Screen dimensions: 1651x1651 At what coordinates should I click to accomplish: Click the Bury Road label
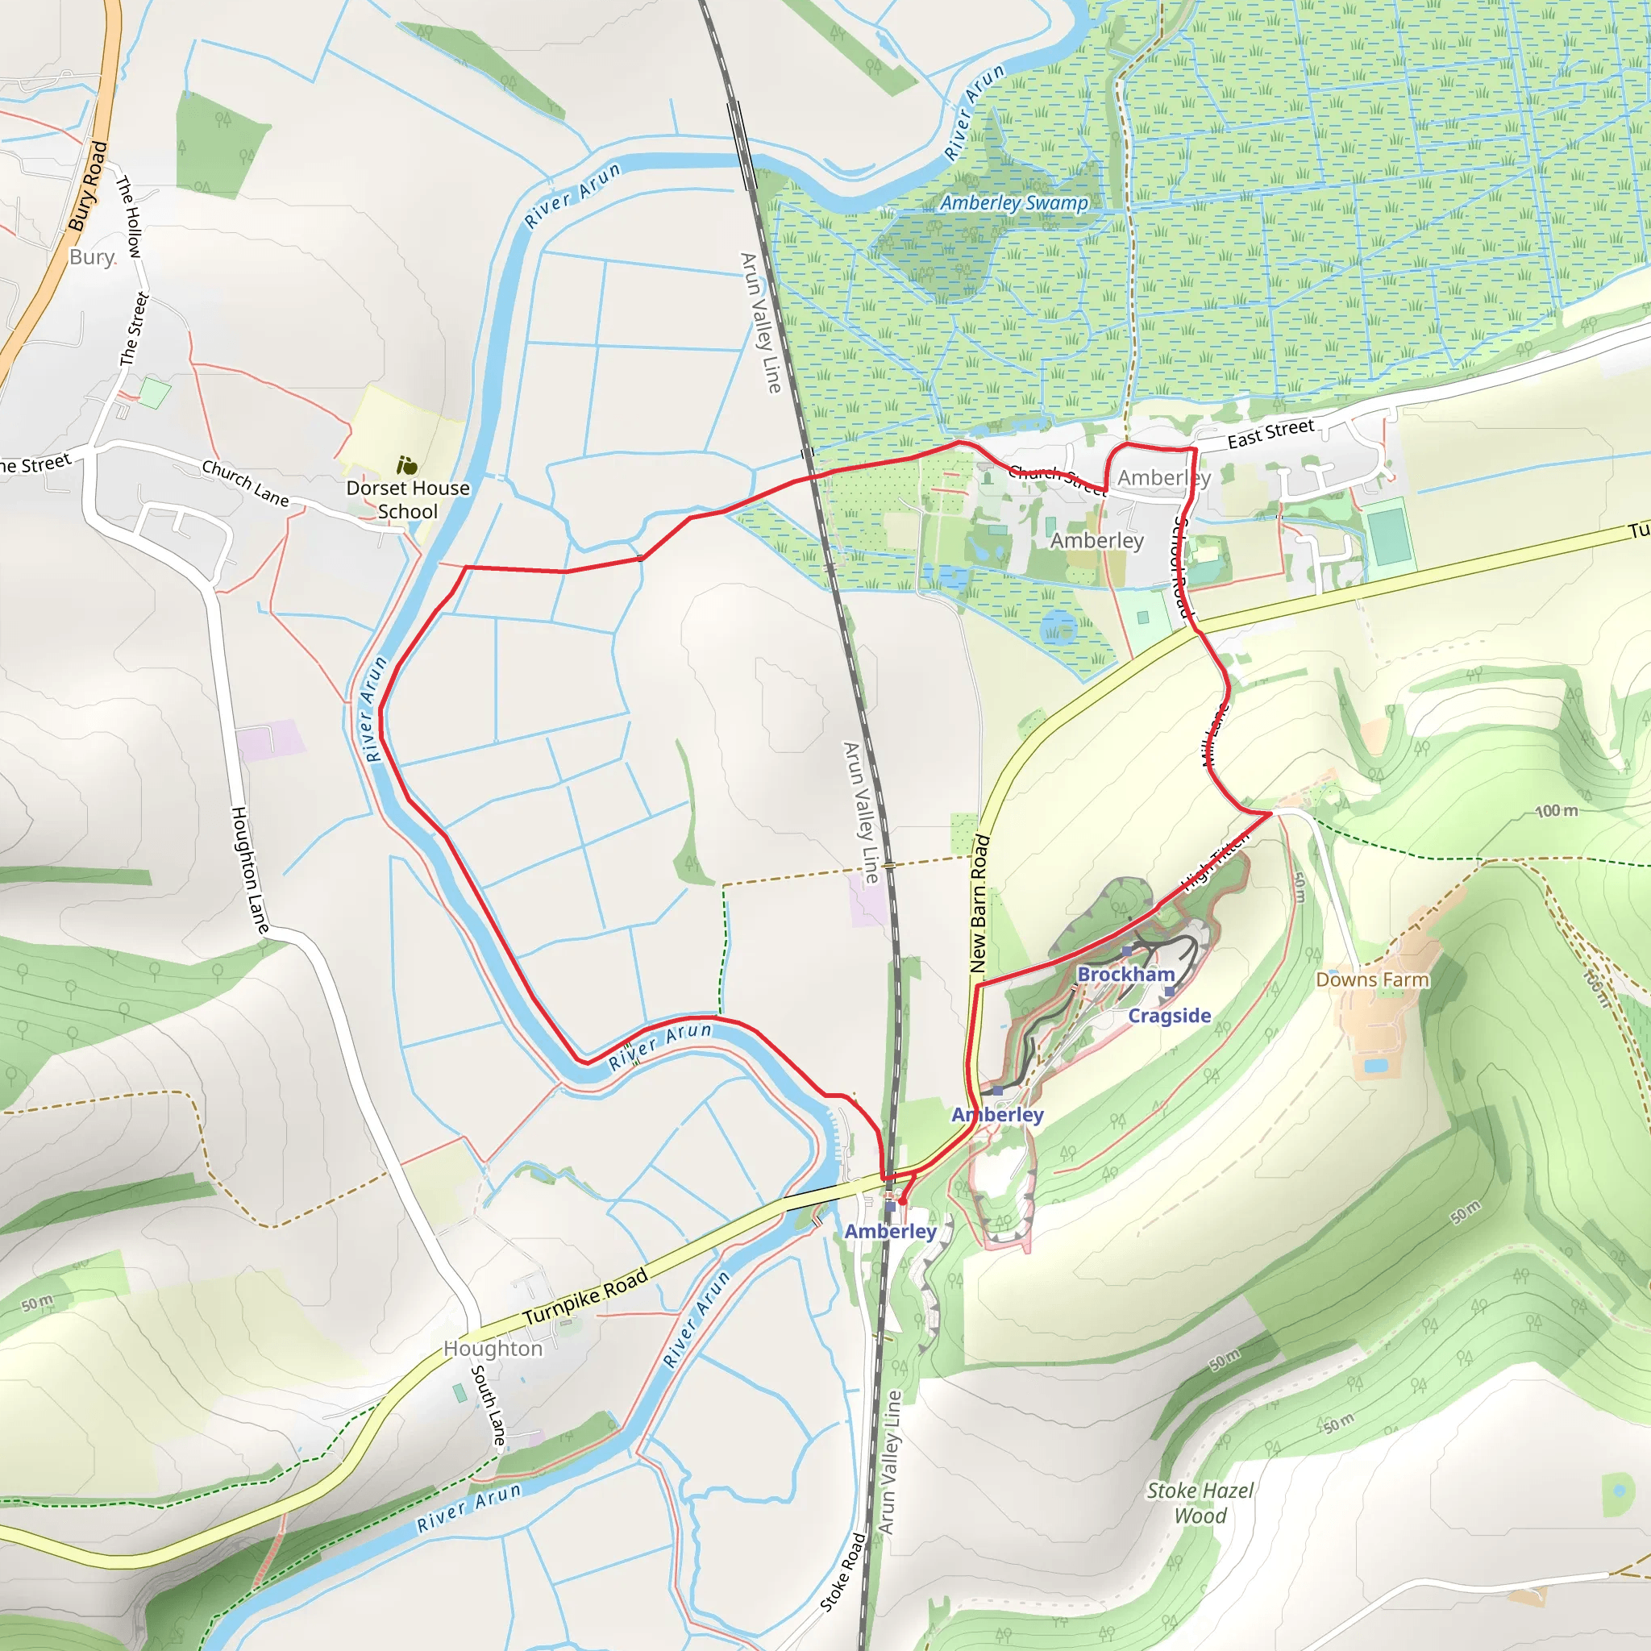[x=88, y=186]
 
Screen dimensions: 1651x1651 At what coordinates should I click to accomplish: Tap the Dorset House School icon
[x=407, y=466]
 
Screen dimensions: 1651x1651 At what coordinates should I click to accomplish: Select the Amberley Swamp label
[x=1013, y=202]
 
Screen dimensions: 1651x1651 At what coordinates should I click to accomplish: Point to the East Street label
[x=1270, y=433]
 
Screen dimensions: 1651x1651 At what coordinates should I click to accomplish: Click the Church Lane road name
[x=245, y=483]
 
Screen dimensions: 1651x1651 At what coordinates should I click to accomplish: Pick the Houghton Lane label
[x=251, y=869]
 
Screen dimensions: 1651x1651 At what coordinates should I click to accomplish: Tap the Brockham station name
[x=1125, y=974]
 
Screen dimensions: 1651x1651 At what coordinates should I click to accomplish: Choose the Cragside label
[x=1169, y=1015]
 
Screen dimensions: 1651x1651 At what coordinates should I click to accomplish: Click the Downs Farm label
[x=1371, y=979]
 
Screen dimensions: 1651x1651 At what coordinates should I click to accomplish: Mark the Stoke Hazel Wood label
[x=1200, y=1503]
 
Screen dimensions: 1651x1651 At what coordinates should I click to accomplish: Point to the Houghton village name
[x=493, y=1349]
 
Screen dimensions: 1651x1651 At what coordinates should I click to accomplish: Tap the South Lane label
[x=488, y=1405]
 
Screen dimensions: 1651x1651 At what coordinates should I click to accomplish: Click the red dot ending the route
[x=902, y=1201]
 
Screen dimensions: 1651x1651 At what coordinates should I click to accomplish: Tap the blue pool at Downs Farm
[x=1375, y=1065]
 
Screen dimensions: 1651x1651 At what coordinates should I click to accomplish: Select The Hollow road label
[x=128, y=216]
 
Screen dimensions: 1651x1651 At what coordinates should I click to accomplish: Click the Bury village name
[x=91, y=257]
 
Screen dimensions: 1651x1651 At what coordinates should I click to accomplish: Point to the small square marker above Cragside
[x=1168, y=992]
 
